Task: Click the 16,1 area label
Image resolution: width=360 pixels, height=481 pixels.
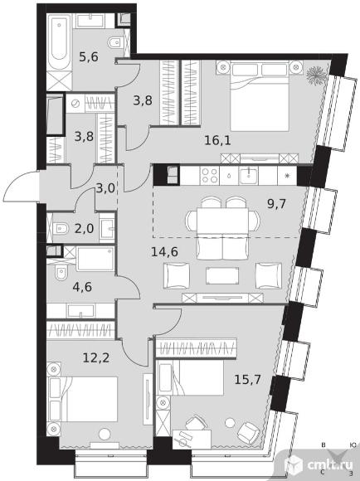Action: (x=217, y=140)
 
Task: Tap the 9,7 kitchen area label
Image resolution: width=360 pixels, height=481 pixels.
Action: (x=276, y=203)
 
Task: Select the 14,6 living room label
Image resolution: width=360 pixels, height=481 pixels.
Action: (x=164, y=252)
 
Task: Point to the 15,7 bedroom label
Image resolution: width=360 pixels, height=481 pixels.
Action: (x=247, y=380)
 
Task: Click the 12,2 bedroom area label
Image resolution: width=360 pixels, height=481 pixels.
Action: (x=96, y=357)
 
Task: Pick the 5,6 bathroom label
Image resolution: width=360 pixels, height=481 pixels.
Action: (x=89, y=56)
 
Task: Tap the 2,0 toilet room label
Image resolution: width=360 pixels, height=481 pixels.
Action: (x=84, y=229)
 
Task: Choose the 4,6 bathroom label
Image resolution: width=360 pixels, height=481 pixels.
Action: (x=82, y=287)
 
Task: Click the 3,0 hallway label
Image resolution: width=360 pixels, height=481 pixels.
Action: (x=105, y=188)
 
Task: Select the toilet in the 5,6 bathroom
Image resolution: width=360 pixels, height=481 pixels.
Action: (x=115, y=42)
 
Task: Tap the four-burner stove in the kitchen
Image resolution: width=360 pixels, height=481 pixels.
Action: (x=209, y=176)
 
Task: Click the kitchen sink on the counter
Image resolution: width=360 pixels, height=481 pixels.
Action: (x=249, y=176)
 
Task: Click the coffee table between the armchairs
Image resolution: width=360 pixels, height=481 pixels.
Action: (x=222, y=275)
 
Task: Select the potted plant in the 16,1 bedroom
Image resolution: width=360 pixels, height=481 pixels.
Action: (x=316, y=75)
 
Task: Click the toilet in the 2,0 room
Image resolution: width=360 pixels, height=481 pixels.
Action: (x=61, y=229)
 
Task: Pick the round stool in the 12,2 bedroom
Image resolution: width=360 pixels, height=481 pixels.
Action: (x=105, y=434)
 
